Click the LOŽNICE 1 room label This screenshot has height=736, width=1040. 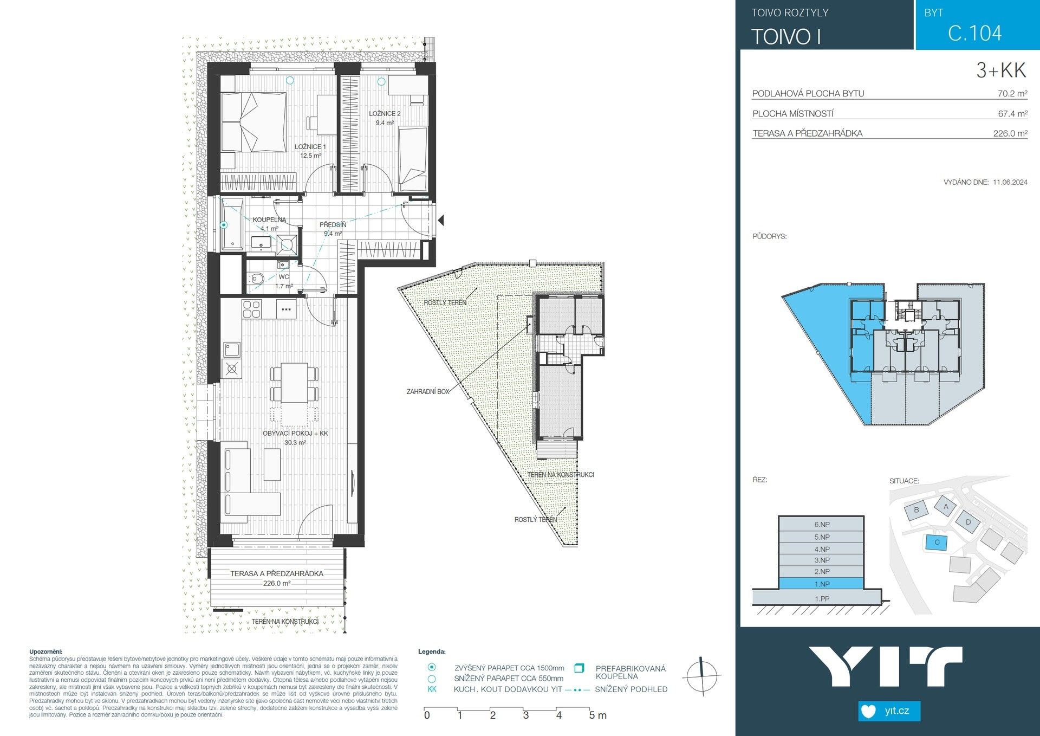310,147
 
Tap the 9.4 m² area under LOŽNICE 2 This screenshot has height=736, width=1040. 385,123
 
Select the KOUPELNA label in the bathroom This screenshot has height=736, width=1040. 269,219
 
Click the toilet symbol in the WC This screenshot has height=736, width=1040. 257,279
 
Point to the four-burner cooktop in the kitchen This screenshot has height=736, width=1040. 251,309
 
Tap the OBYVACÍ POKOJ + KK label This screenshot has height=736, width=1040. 295,434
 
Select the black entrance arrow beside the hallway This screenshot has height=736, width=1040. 441,221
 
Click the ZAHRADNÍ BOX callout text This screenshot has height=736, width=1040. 427,391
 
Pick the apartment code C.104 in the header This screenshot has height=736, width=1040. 974,34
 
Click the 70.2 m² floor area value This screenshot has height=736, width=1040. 1012,94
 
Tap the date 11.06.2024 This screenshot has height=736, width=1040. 1010,183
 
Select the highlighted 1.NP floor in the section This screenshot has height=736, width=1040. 821,584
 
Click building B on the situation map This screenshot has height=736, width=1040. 916,510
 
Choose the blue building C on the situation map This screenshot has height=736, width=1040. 937,542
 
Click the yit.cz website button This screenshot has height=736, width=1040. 889,711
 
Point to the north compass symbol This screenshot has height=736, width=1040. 701,676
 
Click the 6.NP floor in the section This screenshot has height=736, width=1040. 821,524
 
